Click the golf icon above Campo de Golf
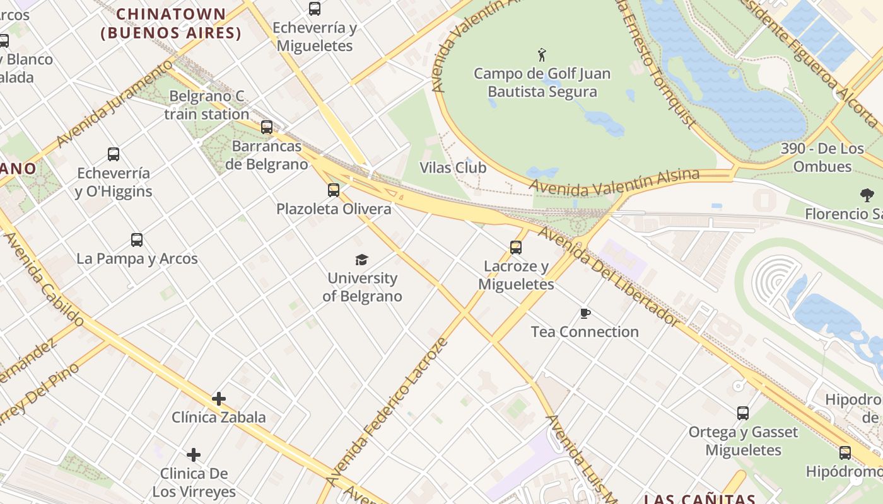542,55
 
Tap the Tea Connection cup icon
585,313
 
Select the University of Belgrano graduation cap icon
361,260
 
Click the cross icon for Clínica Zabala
219,399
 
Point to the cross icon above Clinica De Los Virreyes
194,455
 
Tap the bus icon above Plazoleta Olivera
334,190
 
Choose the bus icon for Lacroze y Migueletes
516,248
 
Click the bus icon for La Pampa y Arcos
137,240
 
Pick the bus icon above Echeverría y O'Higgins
114,154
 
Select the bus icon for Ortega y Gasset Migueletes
743,413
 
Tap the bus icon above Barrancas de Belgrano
267,127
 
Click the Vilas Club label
453,168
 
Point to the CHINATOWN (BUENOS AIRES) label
171,23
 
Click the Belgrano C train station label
207,105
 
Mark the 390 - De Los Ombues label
822,157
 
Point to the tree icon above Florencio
867,195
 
